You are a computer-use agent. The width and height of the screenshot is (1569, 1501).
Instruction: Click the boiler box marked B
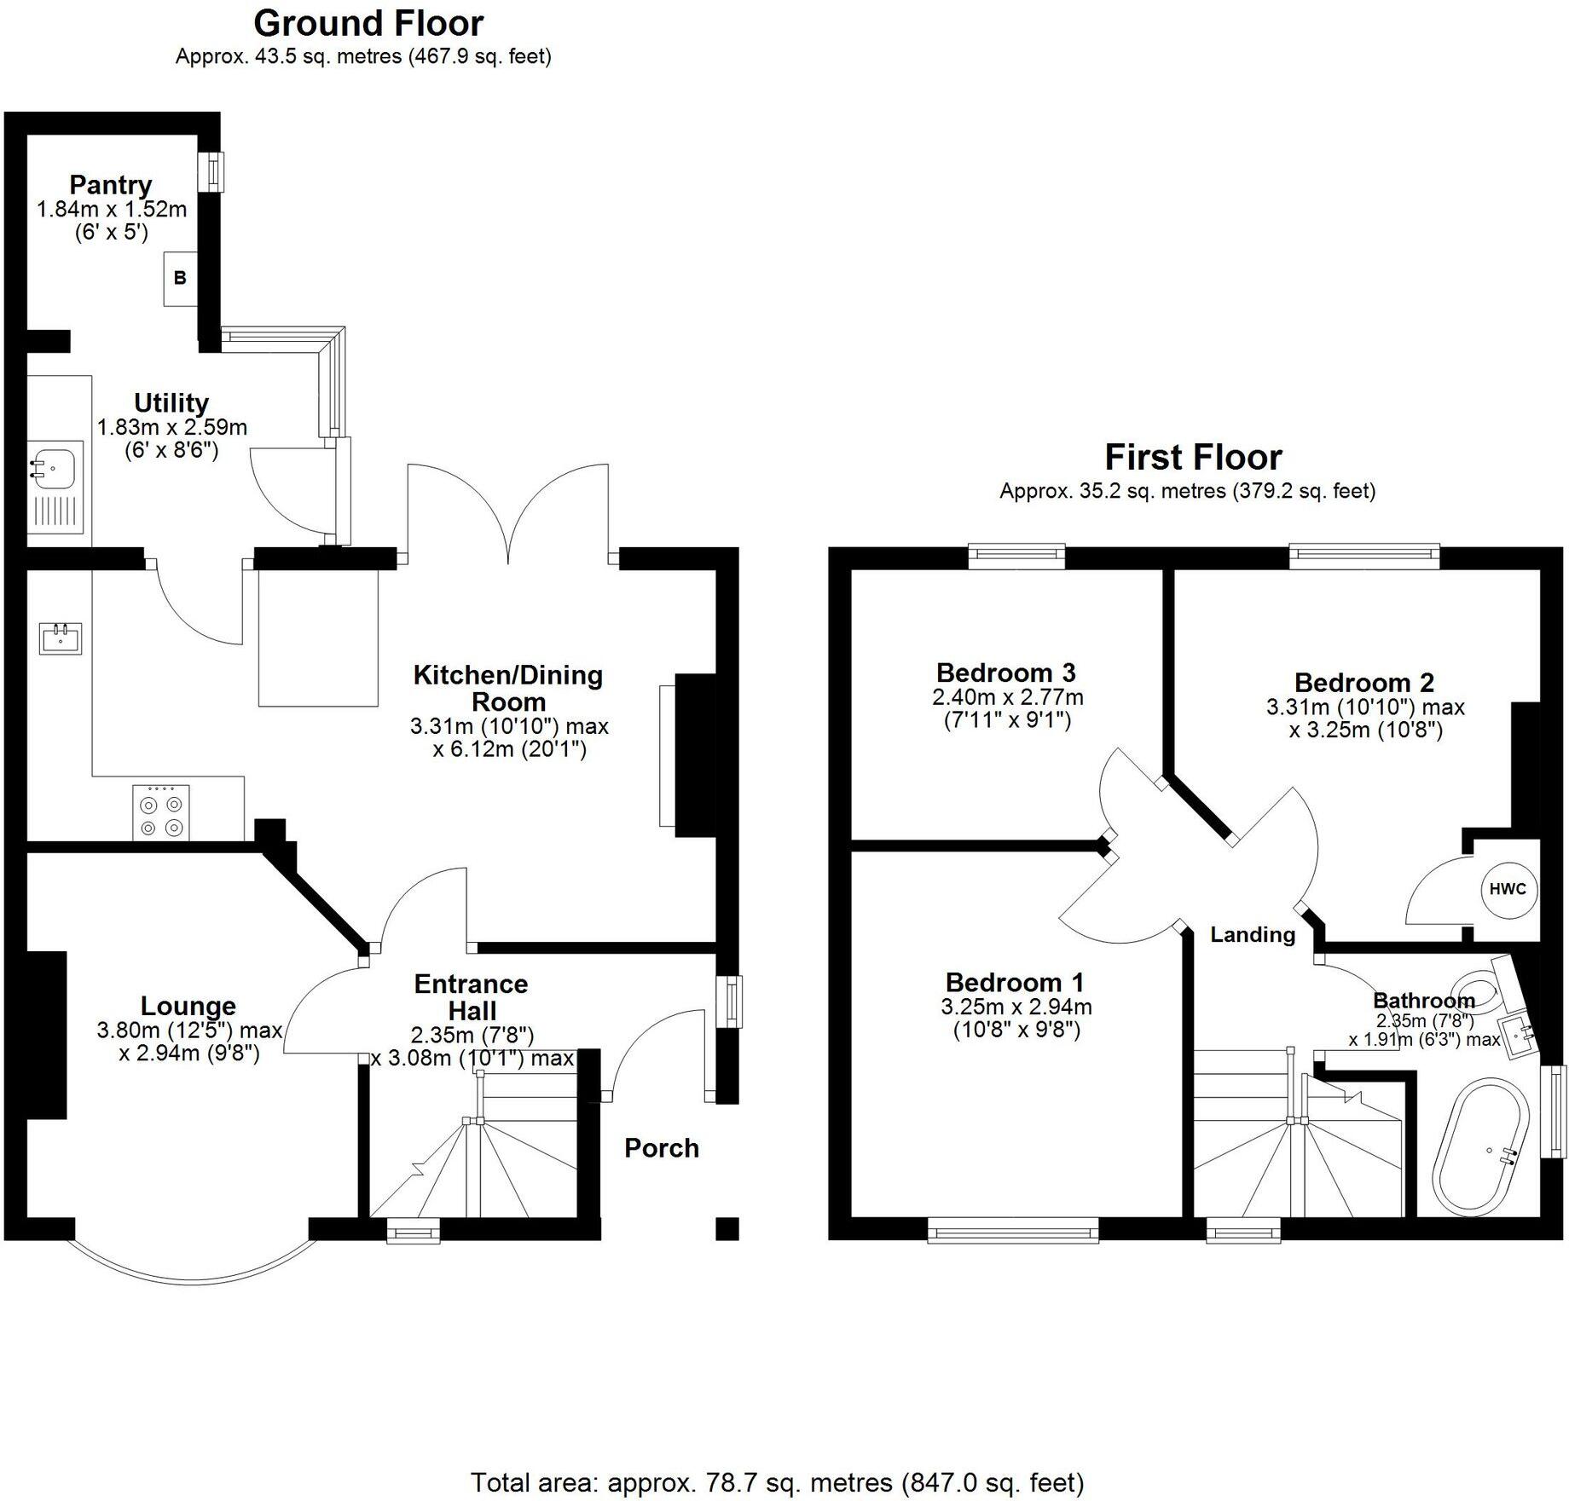click(x=180, y=278)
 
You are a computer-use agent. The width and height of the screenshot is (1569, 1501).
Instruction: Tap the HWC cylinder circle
click(x=1507, y=889)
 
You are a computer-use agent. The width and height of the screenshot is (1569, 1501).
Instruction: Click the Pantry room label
click(x=110, y=185)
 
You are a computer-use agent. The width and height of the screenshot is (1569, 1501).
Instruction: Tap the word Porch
click(x=661, y=1148)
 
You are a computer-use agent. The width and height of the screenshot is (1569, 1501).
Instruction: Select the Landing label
click(x=1252, y=934)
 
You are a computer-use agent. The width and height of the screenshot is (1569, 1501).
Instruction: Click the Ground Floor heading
click(x=368, y=23)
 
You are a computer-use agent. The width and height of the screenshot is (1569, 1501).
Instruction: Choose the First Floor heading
click(x=1192, y=458)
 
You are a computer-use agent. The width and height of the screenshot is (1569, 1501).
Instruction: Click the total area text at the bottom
click(x=777, y=1482)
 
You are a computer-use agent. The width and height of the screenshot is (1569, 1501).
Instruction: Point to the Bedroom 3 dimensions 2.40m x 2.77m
click(x=1007, y=697)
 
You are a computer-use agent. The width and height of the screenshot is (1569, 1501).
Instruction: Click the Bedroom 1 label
click(x=1014, y=982)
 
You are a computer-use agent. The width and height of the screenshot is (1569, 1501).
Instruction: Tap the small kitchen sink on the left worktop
click(x=61, y=638)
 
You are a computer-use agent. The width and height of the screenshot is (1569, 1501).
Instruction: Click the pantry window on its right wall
click(x=211, y=171)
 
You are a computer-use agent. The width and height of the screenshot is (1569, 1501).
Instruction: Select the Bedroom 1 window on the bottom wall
click(x=1013, y=1229)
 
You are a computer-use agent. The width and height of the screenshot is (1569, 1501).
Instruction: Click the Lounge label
click(x=188, y=1006)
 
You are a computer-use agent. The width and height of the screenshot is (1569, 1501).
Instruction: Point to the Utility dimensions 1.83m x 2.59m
click(x=171, y=427)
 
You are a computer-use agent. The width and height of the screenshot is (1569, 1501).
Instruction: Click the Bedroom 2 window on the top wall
click(x=1364, y=557)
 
